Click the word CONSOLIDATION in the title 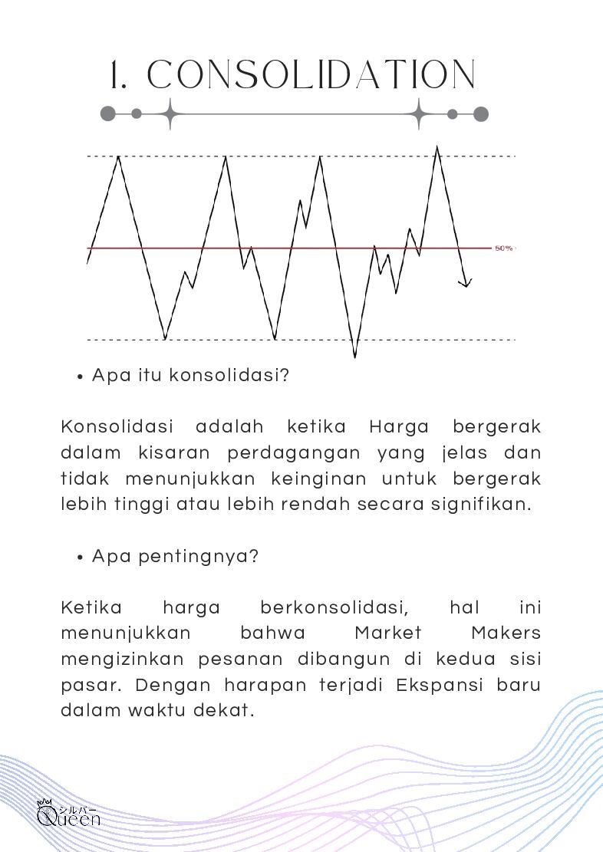[311, 75]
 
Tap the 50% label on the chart [503, 248]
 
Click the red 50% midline [230, 248]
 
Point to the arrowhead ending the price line [466, 285]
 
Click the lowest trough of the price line [354, 356]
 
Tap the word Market [388, 633]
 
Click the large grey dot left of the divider [108, 114]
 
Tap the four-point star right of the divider [419, 114]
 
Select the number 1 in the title [117, 75]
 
